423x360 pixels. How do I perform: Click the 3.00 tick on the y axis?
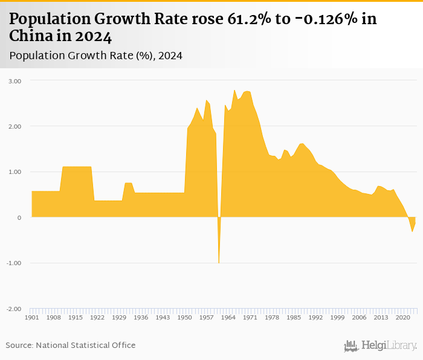pyautogui.click(x=15, y=81)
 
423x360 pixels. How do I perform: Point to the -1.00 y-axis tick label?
pyautogui.click(x=15, y=263)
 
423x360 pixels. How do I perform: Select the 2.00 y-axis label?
pyautogui.click(x=15, y=126)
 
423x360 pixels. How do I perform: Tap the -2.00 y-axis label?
pyautogui.click(x=15, y=309)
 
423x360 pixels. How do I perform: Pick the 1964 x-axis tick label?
pyautogui.click(x=228, y=318)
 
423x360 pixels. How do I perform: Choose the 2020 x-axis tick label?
pyautogui.click(x=403, y=318)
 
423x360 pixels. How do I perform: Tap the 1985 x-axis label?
pyautogui.click(x=294, y=318)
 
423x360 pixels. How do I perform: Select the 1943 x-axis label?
pyautogui.click(x=163, y=318)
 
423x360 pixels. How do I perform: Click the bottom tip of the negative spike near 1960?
pyautogui.click(x=219, y=263)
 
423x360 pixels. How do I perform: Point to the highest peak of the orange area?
pyautogui.click(x=234, y=91)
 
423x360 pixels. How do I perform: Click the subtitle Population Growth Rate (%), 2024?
pyautogui.click(x=96, y=56)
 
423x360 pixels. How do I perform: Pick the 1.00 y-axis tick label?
pyautogui.click(x=15, y=172)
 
